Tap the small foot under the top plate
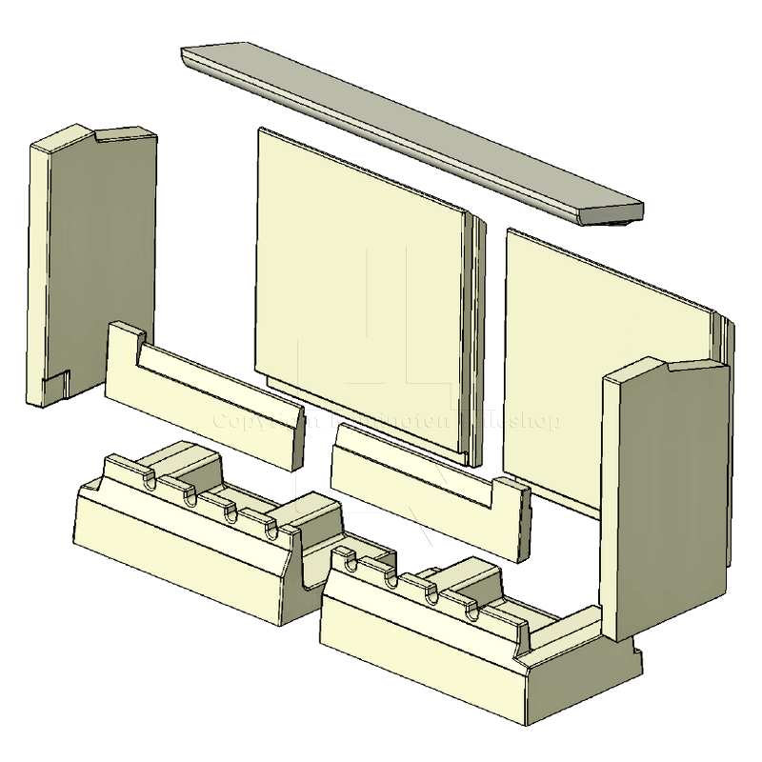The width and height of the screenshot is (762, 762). [x=624, y=221]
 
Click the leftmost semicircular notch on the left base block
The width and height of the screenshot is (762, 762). [x=150, y=482]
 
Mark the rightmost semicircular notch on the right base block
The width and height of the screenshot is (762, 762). [x=473, y=611]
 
